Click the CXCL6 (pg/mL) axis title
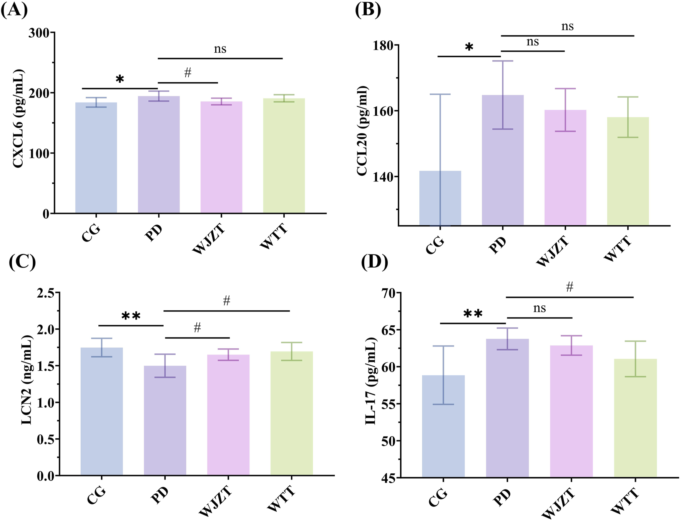(x=18, y=118)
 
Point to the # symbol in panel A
(x=188, y=72)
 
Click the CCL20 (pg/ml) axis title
(x=362, y=131)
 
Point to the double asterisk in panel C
(x=131, y=316)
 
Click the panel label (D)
(x=374, y=262)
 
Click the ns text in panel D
(x=539, y=308)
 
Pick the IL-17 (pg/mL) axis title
(x=371, y=381)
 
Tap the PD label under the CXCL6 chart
(x=154, y=233)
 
